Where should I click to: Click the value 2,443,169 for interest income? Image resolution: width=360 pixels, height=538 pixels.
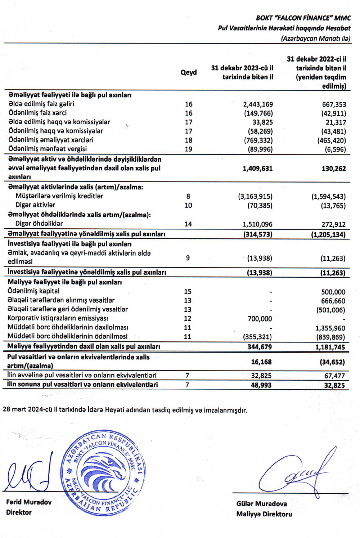[x=258, y=104]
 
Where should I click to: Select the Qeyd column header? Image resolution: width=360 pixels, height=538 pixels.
[x=189, y=73]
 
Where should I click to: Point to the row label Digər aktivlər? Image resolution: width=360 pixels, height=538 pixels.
[x=35, y=205]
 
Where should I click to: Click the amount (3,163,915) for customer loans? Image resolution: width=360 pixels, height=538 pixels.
[x=255, y=196]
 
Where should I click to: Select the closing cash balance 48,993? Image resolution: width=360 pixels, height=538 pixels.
[x=261, y=385]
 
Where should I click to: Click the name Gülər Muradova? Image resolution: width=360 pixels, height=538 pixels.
[x=262, y=504]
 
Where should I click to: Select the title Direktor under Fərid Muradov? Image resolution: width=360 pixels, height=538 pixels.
[x=19, y=512]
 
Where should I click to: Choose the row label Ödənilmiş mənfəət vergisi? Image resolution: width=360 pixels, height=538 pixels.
[x=47, y=149]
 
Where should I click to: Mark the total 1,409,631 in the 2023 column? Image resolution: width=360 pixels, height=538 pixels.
[x=258, y=168]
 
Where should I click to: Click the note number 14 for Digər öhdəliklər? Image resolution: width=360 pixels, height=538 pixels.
[x=188, y=224]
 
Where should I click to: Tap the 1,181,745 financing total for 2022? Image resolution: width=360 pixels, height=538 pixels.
[x=330, y=347]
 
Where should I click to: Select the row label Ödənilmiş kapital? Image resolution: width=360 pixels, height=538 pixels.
[x=33, y=291]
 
